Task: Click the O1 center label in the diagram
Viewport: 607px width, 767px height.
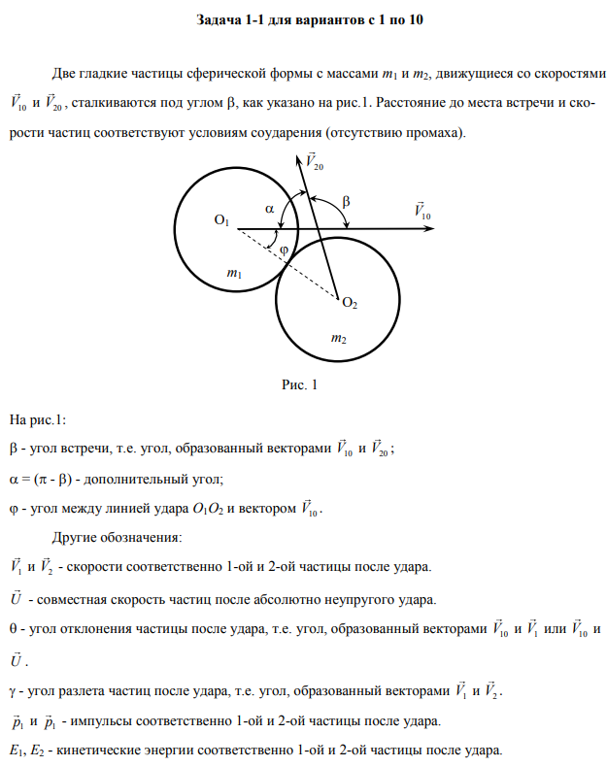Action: point(221,221)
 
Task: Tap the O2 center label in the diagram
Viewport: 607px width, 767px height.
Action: point(350,305)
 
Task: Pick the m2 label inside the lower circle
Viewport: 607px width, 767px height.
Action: point(338,339)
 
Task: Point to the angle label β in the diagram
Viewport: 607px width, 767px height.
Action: point(347,201)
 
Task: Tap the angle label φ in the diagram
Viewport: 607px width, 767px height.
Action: point(284,250)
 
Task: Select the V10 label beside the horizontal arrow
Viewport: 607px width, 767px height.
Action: point(422,210)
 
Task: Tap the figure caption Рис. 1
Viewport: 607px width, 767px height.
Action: point(300,385)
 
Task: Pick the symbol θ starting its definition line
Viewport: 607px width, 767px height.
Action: point(14,628)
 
